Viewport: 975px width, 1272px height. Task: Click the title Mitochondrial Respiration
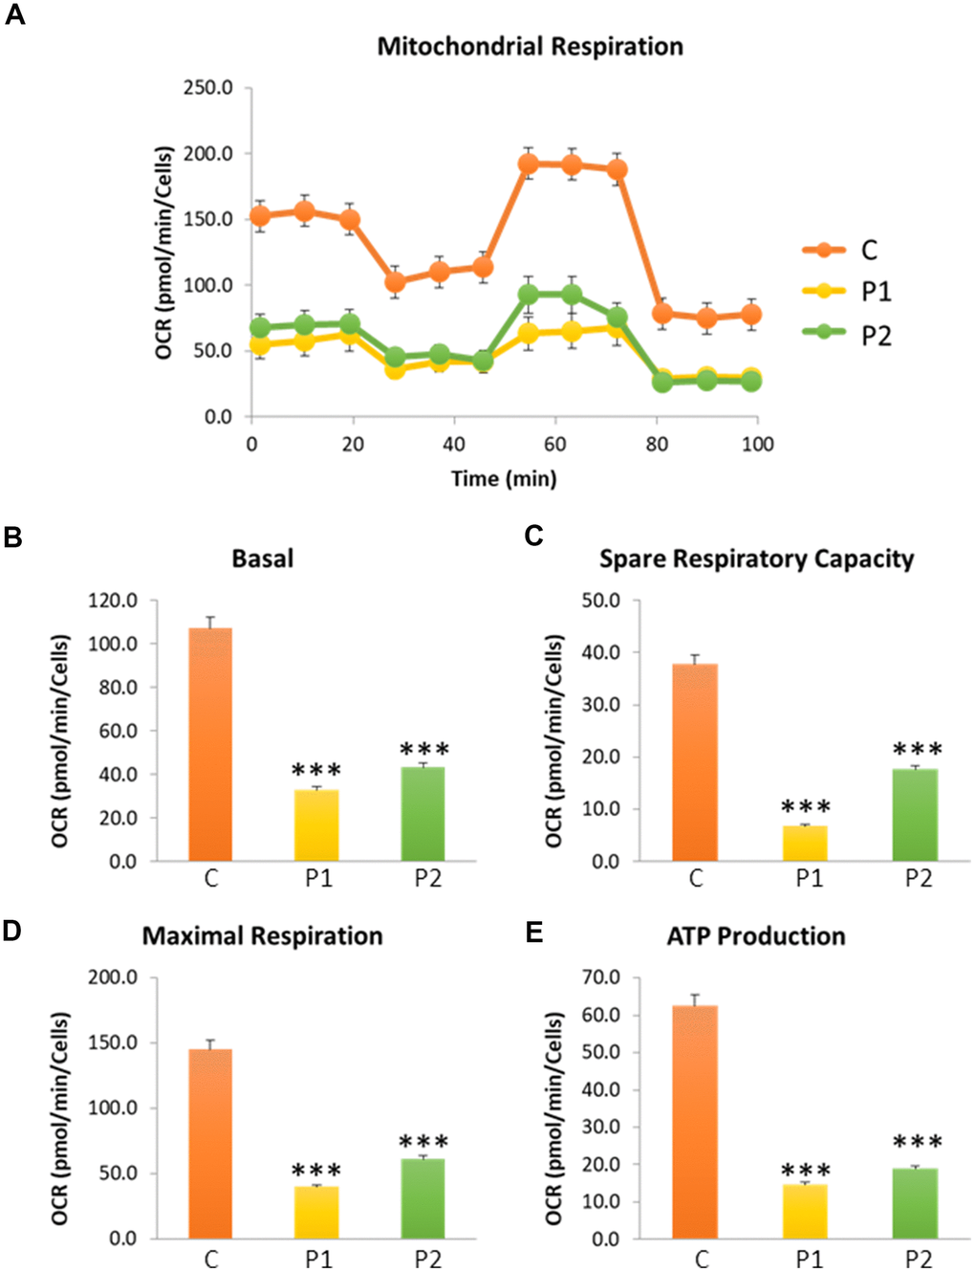coord(530,46)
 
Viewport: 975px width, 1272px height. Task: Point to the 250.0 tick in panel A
coord(207,88)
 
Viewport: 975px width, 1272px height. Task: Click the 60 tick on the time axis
coord(554,444)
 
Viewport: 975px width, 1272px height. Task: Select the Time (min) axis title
coord(504,478)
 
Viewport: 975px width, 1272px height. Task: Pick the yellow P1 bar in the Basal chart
coord(317,824)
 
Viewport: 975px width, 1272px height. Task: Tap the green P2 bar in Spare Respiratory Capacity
coord(915,815)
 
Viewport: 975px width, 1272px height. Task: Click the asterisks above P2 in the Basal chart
coord(424,750)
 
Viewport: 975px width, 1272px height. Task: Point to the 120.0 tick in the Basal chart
coord(113,601)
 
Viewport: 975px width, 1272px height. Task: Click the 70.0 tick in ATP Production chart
coord(601,977)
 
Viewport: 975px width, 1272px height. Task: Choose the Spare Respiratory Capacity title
coord(756,559)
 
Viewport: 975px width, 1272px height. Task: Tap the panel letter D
coord(12,931)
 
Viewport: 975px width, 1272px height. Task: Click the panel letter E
coord(534,932)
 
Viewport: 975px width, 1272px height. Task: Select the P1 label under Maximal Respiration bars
coord(318,1259)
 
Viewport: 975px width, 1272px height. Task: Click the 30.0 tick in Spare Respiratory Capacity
coord(601,705)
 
